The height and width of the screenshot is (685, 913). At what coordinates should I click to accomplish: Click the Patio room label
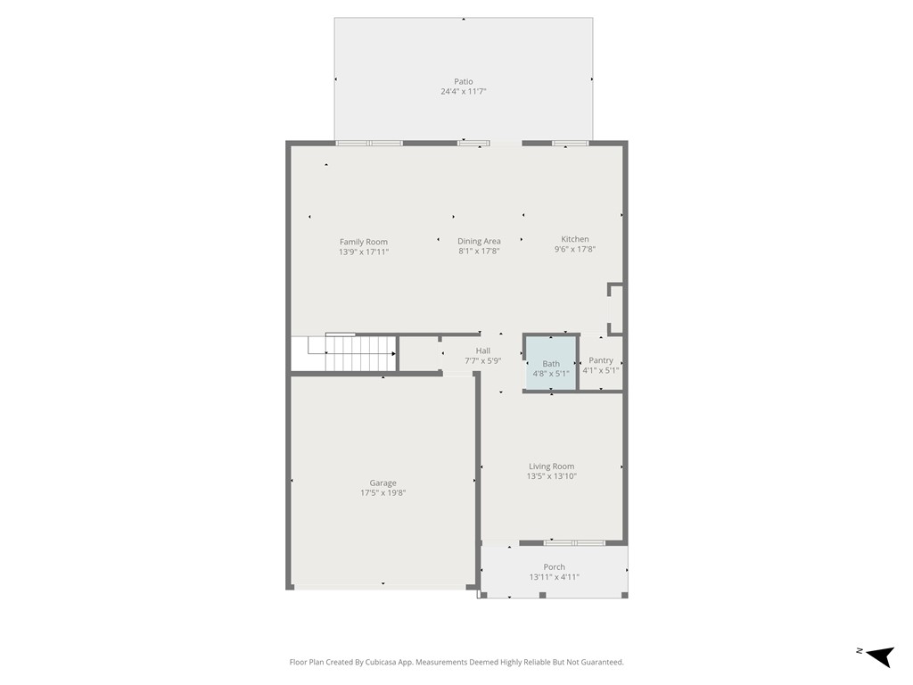click(463, 81)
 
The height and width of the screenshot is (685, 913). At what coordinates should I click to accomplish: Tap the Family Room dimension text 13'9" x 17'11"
click(364, 252)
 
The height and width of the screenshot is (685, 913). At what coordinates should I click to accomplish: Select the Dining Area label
click(479, 241)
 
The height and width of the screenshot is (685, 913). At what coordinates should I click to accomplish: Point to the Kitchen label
click(575, 239)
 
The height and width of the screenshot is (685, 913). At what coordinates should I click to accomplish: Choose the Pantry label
click(601, 360)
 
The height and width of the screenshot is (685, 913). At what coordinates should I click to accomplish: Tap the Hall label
click(483, 351)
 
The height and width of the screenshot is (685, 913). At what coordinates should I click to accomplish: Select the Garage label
click(383, 483)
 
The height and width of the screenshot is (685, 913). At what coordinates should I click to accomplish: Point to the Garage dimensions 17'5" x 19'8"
click(383, 493)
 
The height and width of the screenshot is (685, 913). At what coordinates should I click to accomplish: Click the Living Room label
click(551, 466)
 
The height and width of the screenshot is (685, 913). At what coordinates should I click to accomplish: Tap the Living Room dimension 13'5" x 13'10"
click(551, 476)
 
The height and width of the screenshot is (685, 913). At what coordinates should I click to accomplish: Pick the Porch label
click(555, 566)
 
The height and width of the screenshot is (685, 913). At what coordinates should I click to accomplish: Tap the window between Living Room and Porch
click(575, 542)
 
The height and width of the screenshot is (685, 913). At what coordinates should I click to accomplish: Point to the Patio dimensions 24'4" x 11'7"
click(463, 92)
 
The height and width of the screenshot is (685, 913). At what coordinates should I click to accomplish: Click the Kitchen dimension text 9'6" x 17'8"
click(575, 250)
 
